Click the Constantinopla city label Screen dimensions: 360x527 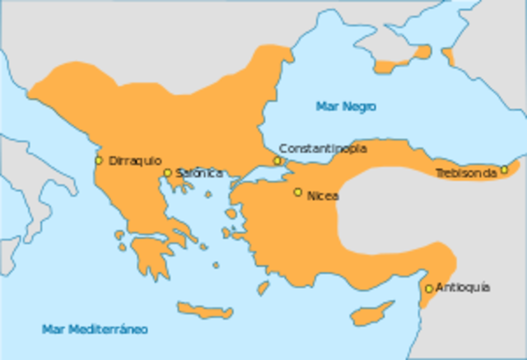coord(323,148)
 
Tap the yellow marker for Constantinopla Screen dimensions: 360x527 coord(277,161)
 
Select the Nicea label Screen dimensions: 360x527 coord(322,196)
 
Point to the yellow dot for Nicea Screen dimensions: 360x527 coord(298,192)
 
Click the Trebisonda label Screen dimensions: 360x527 coord(466,174)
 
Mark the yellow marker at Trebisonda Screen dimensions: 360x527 coord(504,170)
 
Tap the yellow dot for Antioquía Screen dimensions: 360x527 coord(428,288)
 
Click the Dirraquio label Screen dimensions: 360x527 coord(135,161)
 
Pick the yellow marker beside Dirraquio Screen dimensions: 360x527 coord(99,161)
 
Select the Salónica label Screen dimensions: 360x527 coord(198,173)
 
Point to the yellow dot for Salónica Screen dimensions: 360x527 coord(167,173)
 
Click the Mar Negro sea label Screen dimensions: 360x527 coord(346,107)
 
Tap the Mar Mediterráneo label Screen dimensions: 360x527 coord(95,330)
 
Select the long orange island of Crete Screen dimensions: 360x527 coord(206,309)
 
